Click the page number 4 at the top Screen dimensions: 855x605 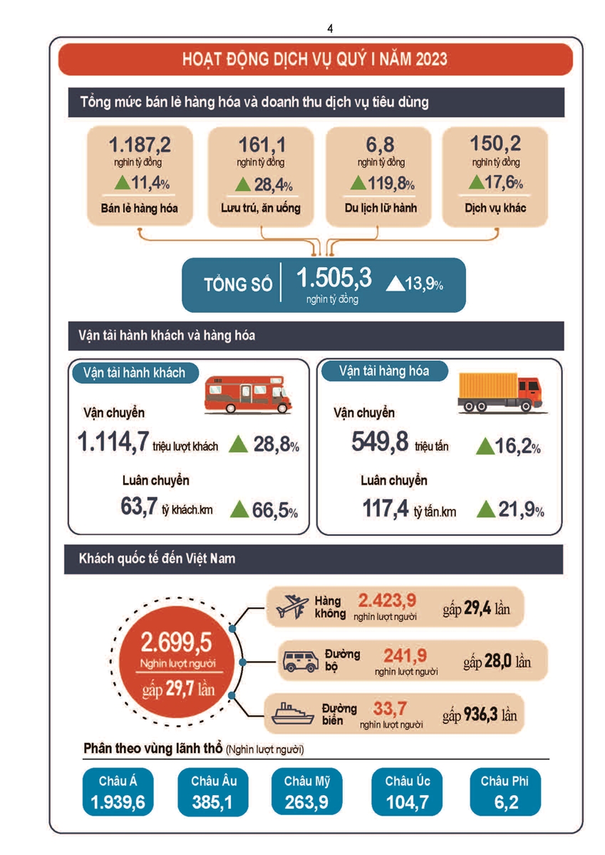point(329,28)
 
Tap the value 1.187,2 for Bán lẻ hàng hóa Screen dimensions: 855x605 point(140,145)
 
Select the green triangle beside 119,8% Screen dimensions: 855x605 point(358,183)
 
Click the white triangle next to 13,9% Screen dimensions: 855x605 point(394,284)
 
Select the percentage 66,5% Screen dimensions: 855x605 point(275,510)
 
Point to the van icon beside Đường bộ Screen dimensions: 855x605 point(299,660)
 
